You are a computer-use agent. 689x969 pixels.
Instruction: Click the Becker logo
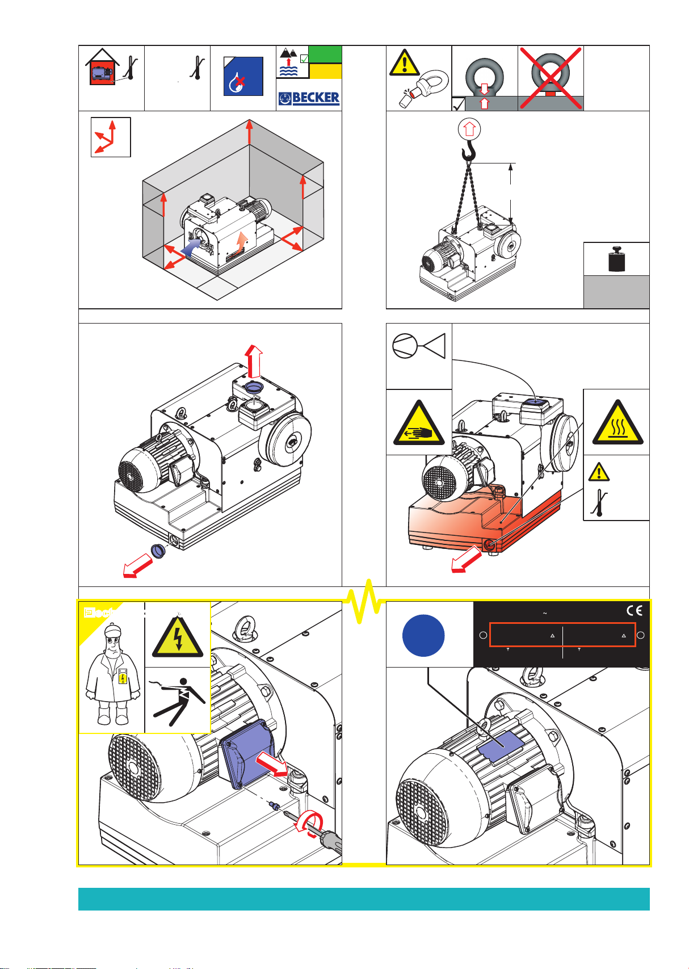pos(309,98)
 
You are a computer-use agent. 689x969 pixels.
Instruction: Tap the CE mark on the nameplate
pos(634,611)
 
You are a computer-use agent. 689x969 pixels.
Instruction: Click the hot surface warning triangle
pos(617,423)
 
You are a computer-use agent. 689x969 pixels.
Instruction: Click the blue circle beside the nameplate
pos(423,635)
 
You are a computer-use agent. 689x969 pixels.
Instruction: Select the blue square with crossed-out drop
pos(243,76)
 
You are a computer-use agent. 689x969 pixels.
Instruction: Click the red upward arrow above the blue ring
pos(254,361)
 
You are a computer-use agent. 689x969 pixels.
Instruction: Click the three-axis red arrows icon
pos(111,137)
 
